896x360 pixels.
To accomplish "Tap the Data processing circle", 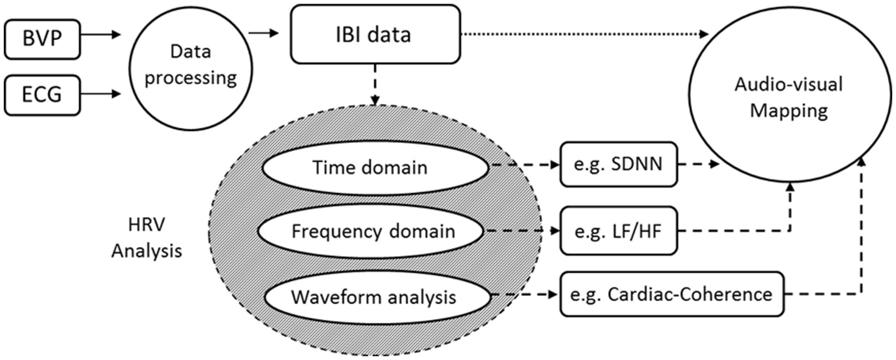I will [191, 68].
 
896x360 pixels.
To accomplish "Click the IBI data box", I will [375, 34].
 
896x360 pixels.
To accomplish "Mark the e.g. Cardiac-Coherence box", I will [671, 294].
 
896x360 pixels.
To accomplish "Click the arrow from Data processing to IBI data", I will [263, 33].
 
